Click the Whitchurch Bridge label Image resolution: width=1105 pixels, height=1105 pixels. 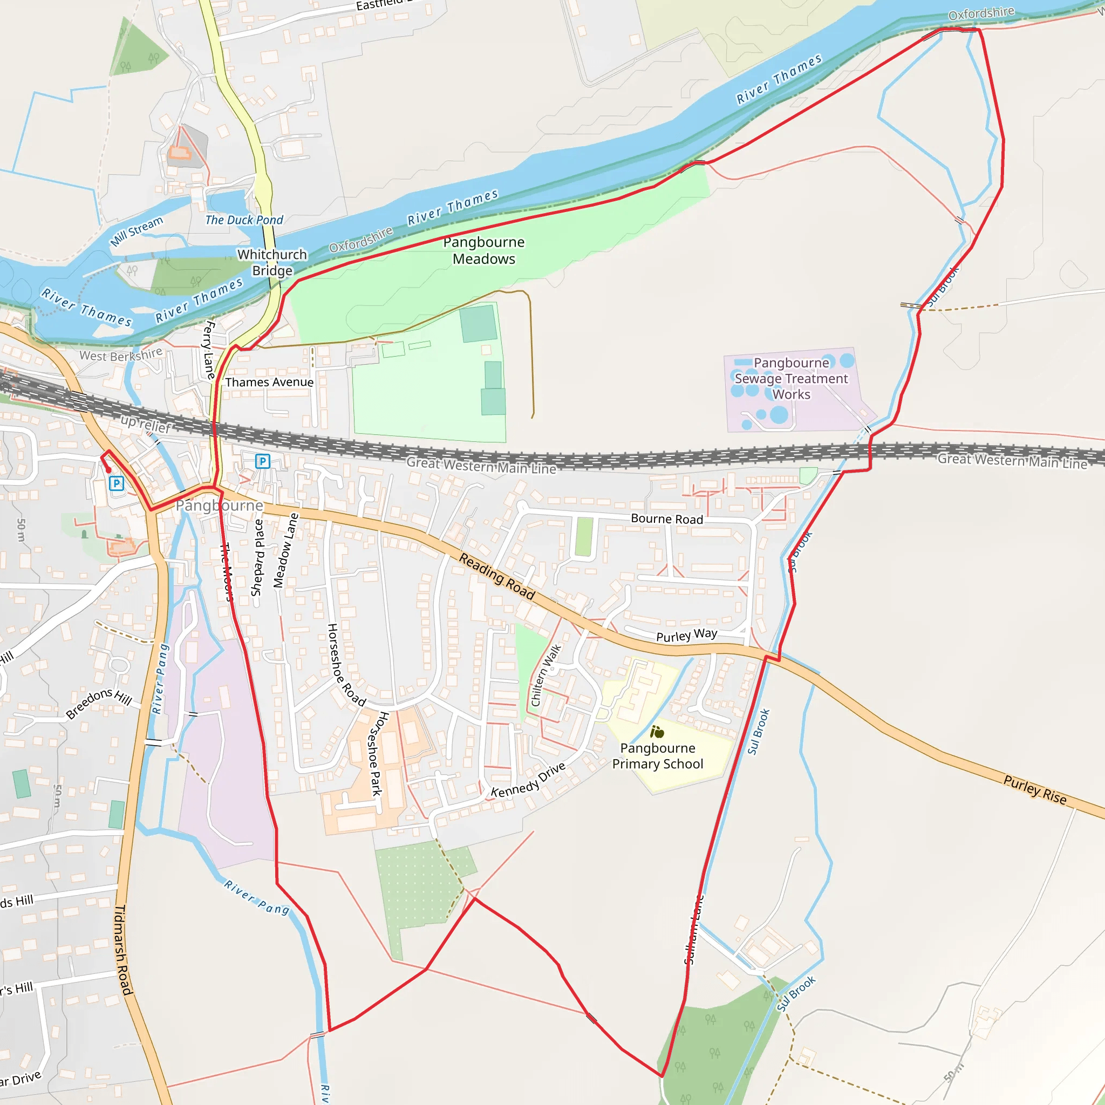pos(272,263)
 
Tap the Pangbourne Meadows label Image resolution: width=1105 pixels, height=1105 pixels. pos(484,250)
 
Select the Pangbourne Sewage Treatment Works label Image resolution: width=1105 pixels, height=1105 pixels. pos(791,379)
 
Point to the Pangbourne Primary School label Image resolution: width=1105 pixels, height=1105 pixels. pos(658,756)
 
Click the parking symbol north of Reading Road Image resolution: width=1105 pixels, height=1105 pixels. pos(263,461)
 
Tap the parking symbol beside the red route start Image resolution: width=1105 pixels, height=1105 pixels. pos(117,483)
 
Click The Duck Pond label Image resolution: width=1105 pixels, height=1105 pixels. pos(244,220)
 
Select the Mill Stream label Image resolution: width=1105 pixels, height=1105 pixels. pos(137,231)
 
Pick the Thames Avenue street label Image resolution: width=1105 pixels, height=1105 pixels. pos(269,382)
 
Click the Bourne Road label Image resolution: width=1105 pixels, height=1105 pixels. pos(667,520)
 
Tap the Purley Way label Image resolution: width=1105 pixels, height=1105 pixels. pos(686,636)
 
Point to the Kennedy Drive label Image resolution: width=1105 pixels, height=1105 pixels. pos(528,780)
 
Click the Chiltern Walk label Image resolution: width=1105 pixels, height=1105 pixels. pos(546,676)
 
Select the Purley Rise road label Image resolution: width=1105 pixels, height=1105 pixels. pos(1035,790)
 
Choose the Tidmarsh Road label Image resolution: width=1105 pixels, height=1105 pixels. pos(124,950)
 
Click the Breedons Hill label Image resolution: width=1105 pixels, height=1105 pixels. pos(99,704)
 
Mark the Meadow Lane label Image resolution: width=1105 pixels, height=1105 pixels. pos(285,551)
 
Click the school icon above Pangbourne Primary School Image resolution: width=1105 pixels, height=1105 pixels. pos(657,732)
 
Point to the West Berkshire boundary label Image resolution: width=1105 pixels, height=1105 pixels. pos(121,355)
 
